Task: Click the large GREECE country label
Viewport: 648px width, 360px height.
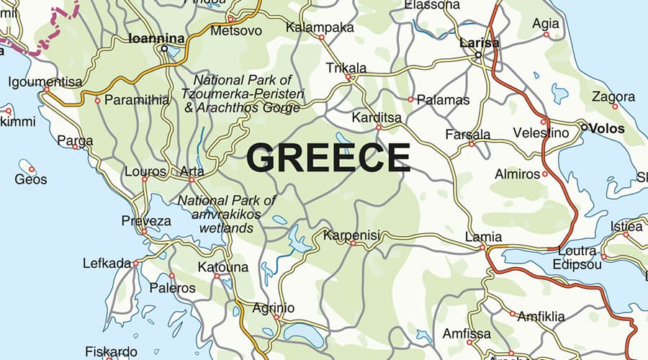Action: (x=328, y=158)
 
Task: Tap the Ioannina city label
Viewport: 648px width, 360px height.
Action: (x=156, y=38)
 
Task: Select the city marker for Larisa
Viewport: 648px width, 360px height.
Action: (x=478, y=55)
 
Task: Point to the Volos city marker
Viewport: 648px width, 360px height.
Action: (x=583, y=128)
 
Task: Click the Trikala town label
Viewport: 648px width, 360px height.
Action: (x=346, y=68)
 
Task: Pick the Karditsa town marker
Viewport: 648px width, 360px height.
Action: (x=379, y=127)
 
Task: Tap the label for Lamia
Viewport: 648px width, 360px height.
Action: (x=483, y=236)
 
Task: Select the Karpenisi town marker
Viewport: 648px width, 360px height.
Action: (x=353, y=244)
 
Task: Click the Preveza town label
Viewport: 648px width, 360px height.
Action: (x=146, y=220)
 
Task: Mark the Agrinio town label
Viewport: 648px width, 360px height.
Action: (x=273, y=308)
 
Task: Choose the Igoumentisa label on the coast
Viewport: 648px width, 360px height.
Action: (x=45, y=82)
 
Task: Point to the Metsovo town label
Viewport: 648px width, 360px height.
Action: (x=236, y=30)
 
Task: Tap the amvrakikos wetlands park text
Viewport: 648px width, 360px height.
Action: (x=227, y=214)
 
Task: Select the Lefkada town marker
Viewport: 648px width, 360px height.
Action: (x=136, y=264)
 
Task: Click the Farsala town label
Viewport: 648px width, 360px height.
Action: (x=467, y=134)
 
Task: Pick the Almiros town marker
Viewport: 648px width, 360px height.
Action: (x=544, y=174)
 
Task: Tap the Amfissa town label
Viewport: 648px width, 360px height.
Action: (x=467, y=333)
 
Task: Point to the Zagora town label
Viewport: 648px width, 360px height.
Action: (x=613, y=96)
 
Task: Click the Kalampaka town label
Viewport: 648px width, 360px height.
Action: (x=320, y=27)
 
